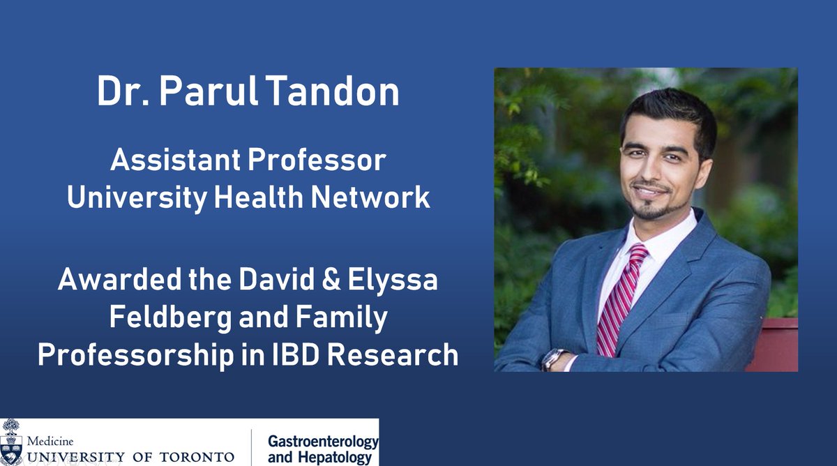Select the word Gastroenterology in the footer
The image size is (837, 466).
[322, 442]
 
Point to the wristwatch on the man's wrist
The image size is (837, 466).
[553, 359]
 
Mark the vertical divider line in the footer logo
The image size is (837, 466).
[251, 447]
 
